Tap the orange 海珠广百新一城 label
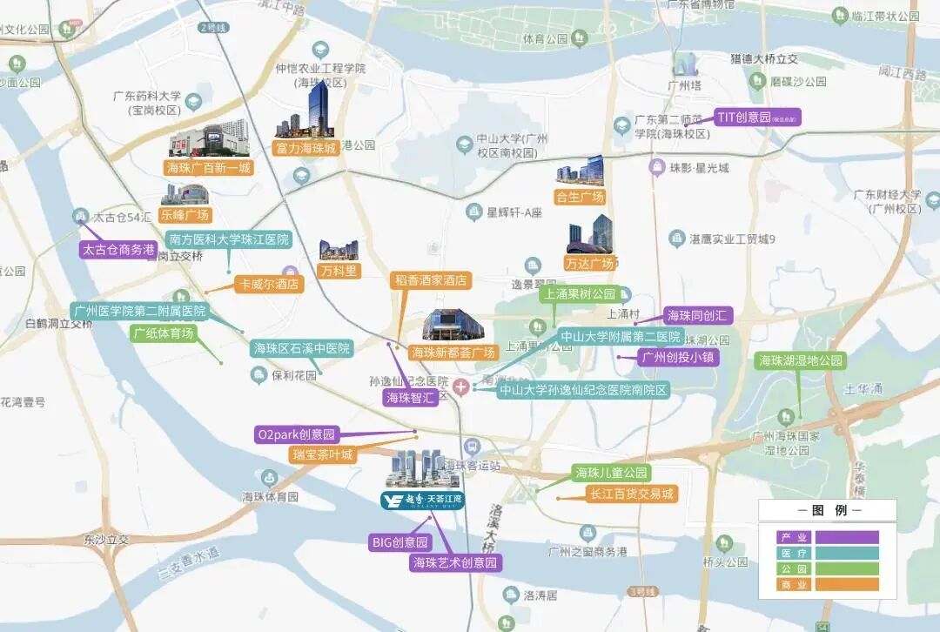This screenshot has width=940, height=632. click(x=208, y=167)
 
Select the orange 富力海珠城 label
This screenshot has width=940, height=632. click(x=305, y=148)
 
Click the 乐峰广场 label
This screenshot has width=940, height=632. click(x=185, y=215)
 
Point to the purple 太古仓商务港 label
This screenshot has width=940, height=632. click(x=118, y=249)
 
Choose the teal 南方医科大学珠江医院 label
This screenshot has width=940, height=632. click(x=229, y=239)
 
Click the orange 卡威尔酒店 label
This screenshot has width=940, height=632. click(x=269, y=284)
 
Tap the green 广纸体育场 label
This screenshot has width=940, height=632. click(x=164, y=333)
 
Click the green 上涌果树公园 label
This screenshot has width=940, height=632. click(x=580, y=294)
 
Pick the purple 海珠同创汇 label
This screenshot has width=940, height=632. click(x=696, y=315)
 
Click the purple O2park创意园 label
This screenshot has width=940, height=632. click(x=297, y=434)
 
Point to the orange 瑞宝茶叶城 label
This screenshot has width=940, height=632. click(x=323, y=454)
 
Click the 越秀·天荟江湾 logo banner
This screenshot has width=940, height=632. click(x=423, y=500)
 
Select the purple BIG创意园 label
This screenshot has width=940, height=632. click(x=400, y=542)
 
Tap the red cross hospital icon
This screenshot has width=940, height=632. click(x=460, y=386)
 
